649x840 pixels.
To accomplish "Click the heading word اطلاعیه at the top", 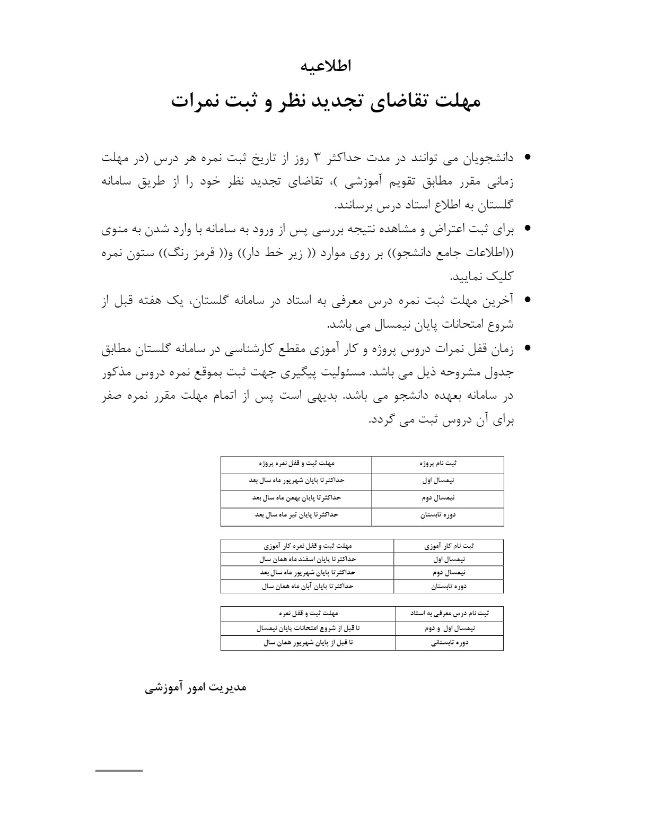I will click(x=326, y=66).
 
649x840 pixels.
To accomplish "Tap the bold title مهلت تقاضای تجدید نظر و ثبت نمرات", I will click(x=326, y=101).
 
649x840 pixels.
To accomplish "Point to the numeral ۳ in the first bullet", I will click(x=318, y=157).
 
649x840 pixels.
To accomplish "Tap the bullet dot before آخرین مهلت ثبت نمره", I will click(x=527, y=300).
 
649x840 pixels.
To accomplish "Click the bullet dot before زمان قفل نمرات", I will click(x=527, y=348).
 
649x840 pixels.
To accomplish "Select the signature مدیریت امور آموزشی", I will click(x=196, y=687).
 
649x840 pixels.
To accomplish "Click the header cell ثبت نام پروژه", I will click(x=437, y=463).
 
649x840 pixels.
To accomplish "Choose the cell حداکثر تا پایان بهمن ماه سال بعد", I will click(x=296, y=498).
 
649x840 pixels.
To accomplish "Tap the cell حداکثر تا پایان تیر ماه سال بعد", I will click(x=296, y=515).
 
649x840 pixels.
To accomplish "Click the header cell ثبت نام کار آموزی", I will click(x=449, y=546).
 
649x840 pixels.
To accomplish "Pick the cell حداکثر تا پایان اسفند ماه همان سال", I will click(x=308, y=559).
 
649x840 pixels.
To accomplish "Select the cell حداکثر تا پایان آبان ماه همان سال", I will click(x=308, y=587).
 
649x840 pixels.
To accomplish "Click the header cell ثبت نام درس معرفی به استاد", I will click(x=449, y=614).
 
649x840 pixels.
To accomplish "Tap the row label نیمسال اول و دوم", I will click(x=450, y=628).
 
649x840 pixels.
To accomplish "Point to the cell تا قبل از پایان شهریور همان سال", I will click(x=308, y=643).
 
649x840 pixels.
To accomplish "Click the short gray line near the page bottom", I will click(x=119, y=771).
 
